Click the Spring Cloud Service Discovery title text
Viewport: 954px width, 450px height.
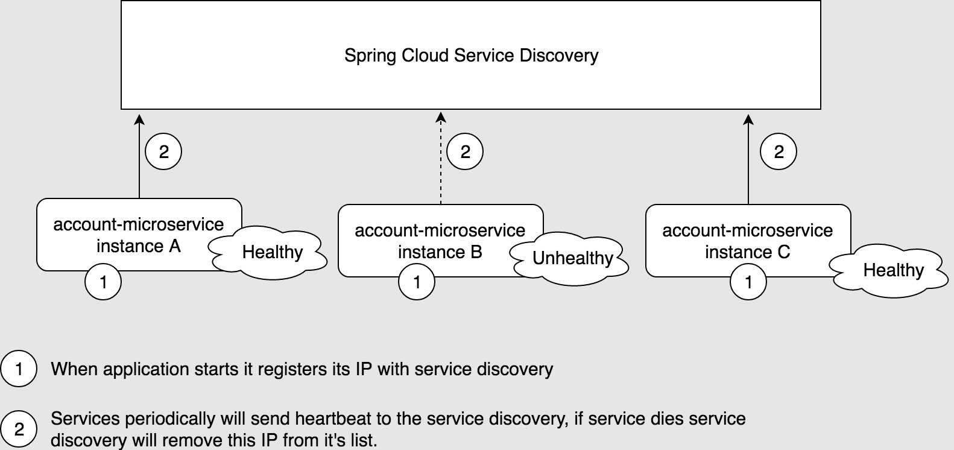(x=471, y=55)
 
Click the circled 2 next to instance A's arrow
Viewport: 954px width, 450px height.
(x=163, y=152)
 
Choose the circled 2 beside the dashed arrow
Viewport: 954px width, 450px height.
(x=465, y=152)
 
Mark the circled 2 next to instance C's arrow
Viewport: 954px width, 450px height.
(x=779, y=152)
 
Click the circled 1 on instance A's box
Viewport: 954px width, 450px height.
(x=103, y=282)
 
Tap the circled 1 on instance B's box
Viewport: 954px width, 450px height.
(x=417, y=282)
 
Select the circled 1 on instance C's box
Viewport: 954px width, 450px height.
(x=748, y=282)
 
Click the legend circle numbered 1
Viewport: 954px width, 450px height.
(x=19, y=369)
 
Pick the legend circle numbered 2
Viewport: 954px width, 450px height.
(x=19, y=429)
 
